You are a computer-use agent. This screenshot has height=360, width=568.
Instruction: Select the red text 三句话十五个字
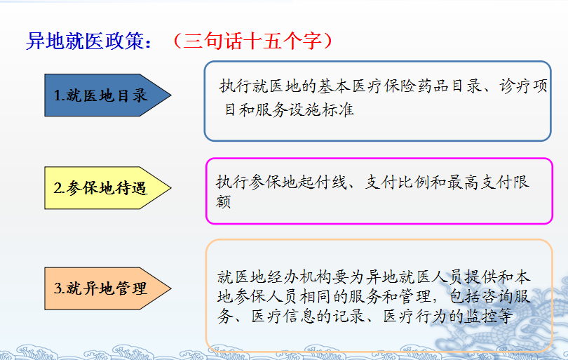[253, 41]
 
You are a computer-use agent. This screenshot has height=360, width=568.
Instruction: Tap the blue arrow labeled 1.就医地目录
[107, 95]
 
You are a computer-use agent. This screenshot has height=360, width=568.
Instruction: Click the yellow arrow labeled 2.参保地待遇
[107, 188]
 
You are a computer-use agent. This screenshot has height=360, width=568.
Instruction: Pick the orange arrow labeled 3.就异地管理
[107, 288]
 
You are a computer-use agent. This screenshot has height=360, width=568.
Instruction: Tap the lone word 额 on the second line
[223, 201]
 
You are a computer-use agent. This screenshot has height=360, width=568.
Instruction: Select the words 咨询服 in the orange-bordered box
[506, 297]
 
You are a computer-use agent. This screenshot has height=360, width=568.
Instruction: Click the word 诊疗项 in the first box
[523, 86]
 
